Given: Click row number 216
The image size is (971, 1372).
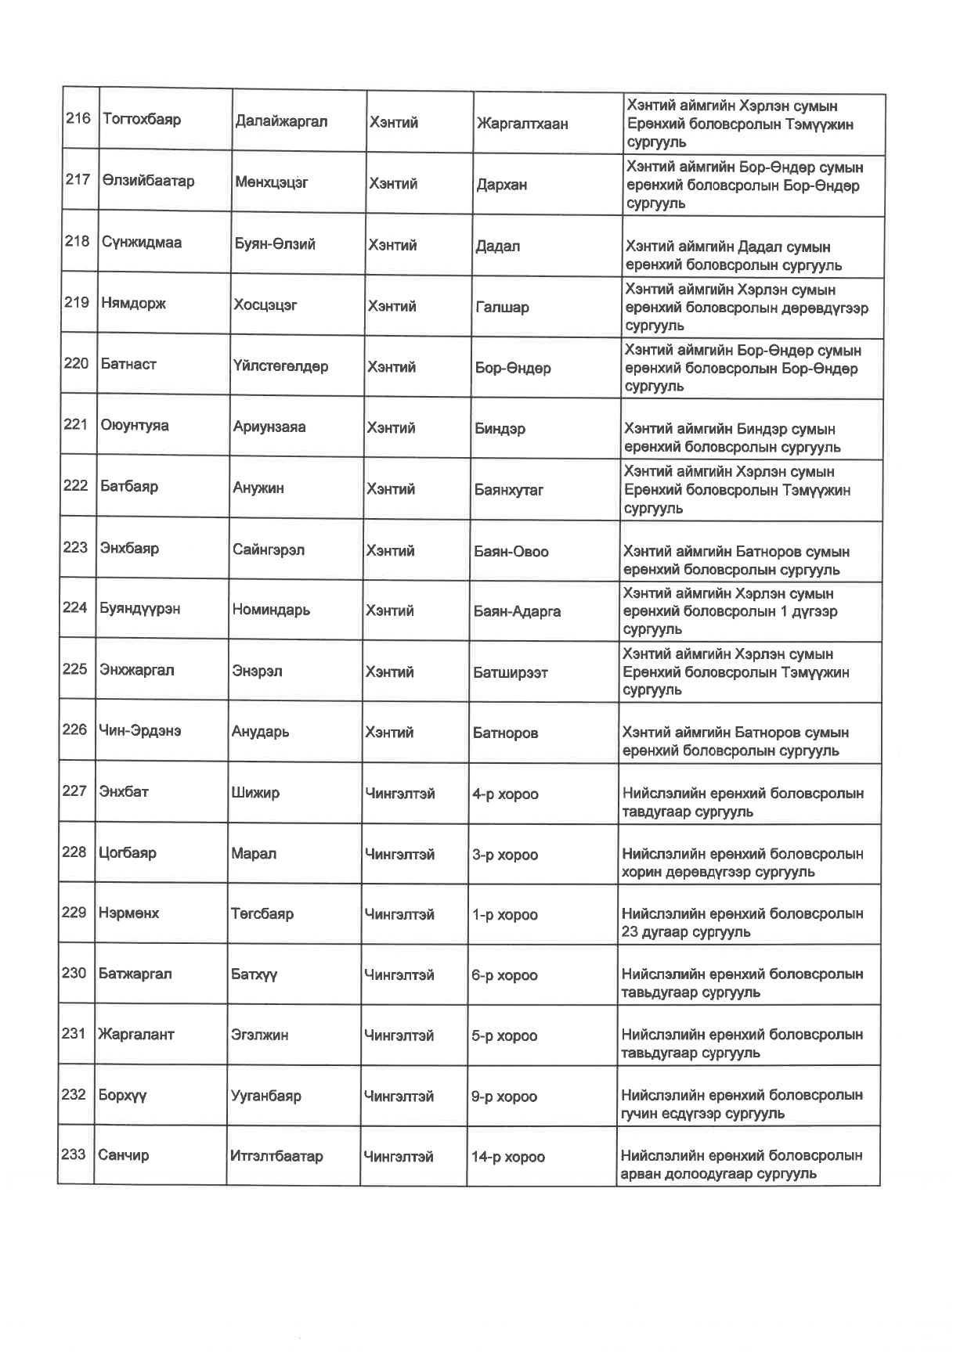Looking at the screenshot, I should click(78, 119).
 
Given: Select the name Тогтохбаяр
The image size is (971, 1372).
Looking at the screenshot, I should click(142, 120).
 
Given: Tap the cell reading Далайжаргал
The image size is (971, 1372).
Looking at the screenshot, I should click(281, 121).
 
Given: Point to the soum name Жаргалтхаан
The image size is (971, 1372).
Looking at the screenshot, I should click(522, 124).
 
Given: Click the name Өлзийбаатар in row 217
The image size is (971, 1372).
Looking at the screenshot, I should click(148, 181).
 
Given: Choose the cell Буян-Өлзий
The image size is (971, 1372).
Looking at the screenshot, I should click(275, 243).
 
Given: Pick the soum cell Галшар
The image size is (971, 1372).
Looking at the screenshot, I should click(502, 307).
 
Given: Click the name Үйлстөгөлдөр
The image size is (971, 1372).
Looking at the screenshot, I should click(280, 366).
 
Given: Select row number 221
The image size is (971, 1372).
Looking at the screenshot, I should click(75, 424).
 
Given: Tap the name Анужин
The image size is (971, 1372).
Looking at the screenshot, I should click(258, 488).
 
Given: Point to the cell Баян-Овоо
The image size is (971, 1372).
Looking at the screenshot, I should click(511, 551).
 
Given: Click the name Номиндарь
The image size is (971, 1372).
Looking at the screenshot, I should click(271, 610).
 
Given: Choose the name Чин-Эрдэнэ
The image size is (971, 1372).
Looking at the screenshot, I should click(140, 730).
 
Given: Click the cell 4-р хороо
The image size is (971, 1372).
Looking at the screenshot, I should click(505, 794).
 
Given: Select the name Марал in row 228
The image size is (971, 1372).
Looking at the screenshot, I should click(254, 853).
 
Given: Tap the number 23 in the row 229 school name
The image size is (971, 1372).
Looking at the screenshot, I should click(630, 932).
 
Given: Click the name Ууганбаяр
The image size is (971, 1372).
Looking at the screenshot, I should click(266, 1096).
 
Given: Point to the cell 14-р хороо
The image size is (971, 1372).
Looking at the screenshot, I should click(508, 1157).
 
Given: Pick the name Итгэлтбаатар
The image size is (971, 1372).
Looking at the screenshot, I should click(276, 1156).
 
